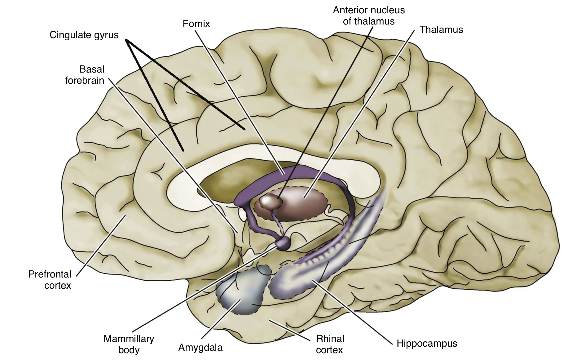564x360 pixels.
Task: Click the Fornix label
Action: click(x=196, y=24)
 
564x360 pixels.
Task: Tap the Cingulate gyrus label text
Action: click(x=84, y=35)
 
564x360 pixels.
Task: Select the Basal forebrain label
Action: click(x=84, y=75)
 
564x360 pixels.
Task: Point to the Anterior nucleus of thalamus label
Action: click(x=369, y=16)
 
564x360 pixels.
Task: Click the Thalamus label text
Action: click(x=441, y=30)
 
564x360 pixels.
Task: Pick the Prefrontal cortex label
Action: click(x=50, y=279)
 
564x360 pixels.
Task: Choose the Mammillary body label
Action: click(x=129, y=344)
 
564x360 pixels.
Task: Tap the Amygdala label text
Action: click(x=200, y=348)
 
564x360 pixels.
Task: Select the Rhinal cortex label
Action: click(x=330, y=344)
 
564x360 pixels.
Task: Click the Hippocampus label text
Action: click(x=427, y=344)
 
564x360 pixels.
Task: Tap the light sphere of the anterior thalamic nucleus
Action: click(x=270, y=202)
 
